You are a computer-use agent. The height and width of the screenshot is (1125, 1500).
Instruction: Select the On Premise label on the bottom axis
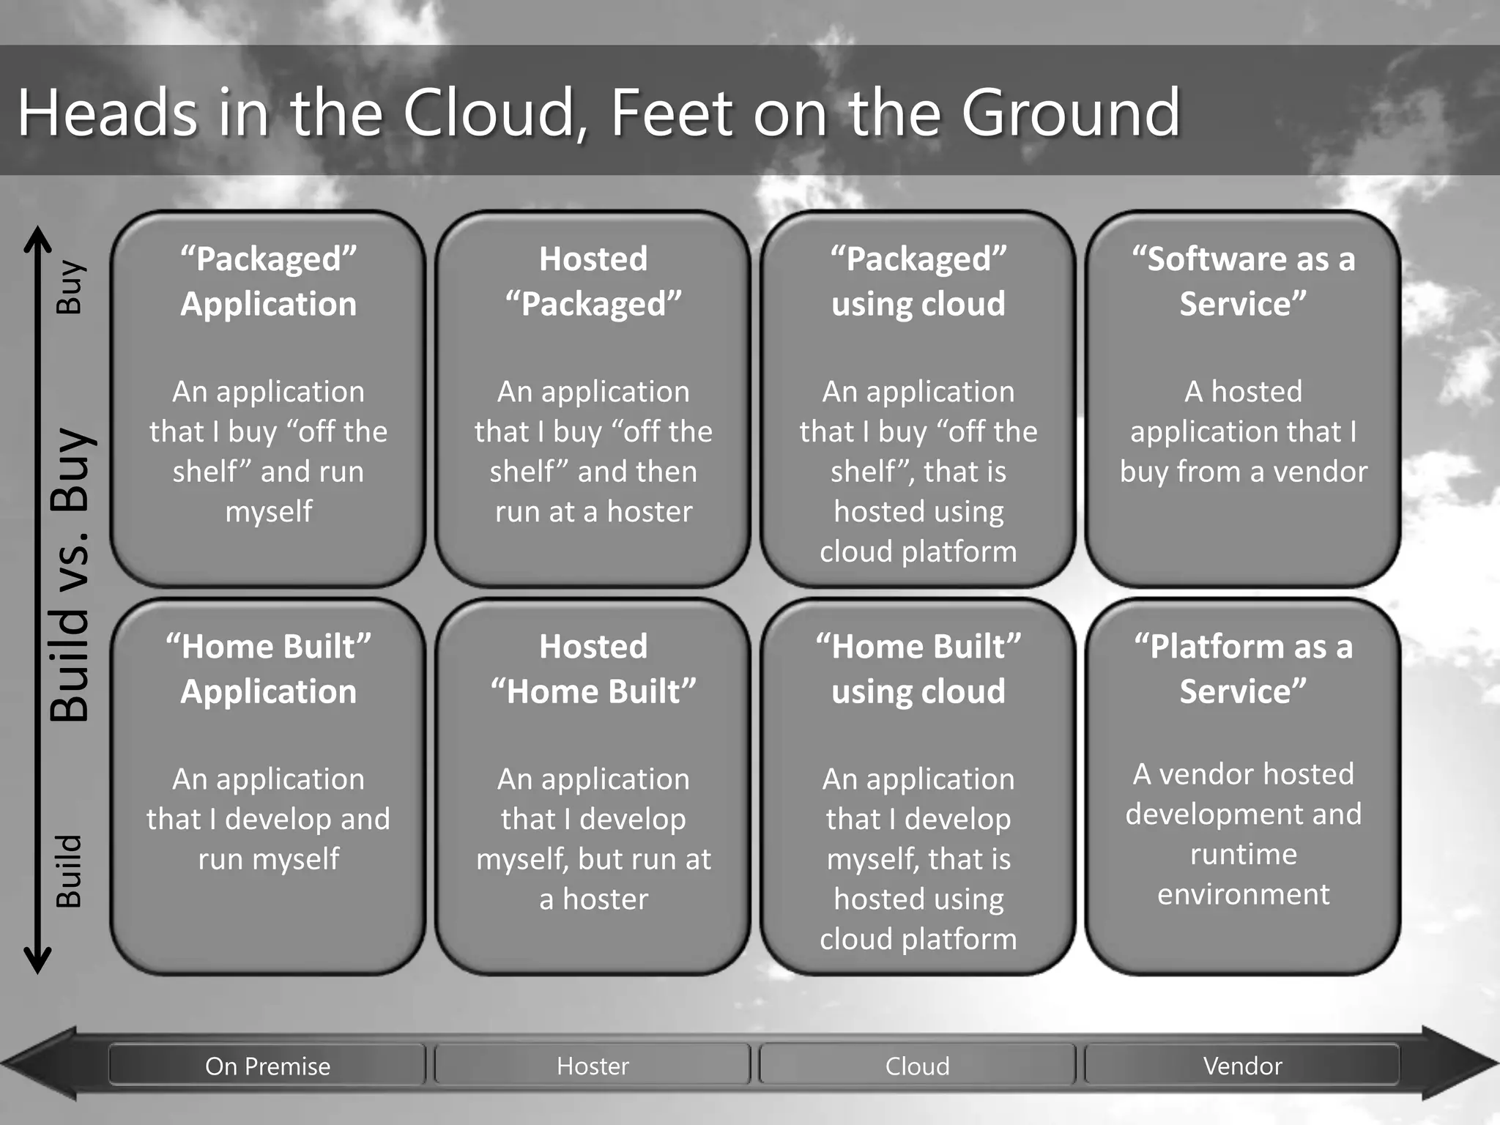(267, 1066)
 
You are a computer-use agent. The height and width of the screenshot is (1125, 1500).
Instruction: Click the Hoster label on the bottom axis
(593, 1066)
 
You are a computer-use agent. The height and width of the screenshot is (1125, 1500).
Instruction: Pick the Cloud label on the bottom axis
(917, 1066)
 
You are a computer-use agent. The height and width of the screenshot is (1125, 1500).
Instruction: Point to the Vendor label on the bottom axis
(1242, 1066)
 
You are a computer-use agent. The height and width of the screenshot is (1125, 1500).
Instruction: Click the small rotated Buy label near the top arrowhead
(70, 286)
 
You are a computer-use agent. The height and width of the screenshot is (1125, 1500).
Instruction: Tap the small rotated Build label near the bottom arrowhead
(70, 871)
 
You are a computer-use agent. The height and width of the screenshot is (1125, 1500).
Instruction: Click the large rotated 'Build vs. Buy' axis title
(70, 575)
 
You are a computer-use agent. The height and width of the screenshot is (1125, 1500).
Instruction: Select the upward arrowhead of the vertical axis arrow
(37, 238)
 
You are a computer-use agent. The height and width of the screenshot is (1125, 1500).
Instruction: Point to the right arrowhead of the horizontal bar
(1461, 1062)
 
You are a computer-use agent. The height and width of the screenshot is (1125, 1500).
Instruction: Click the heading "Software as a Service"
(1243, 281)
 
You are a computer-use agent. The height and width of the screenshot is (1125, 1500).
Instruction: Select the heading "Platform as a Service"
(1243, 669)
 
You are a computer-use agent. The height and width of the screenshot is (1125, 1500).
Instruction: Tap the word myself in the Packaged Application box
(268, 511)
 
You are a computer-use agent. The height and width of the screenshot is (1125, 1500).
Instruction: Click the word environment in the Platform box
(1243, 894)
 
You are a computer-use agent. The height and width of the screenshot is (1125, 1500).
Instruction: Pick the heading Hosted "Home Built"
(593, 669)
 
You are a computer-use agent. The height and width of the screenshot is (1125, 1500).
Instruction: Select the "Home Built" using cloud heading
(918, 669)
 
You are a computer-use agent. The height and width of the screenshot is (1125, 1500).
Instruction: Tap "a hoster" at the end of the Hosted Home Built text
(593, 899)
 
